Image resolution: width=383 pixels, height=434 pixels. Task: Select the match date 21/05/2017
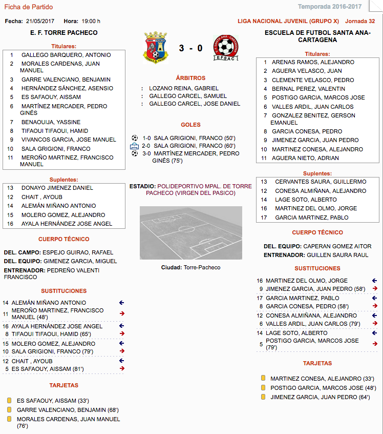click(40, 21)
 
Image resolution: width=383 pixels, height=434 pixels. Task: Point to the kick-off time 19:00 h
click(91, 21)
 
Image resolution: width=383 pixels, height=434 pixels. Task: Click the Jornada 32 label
click(360, 21)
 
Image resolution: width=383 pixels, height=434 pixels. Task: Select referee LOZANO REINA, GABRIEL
click(183, 88)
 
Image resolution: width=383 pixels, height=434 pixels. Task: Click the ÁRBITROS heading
click(190, 78)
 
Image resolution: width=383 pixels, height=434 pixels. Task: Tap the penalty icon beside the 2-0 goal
click(135, 146)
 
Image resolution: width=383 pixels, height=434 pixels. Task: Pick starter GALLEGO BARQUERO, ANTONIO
click(66, 55)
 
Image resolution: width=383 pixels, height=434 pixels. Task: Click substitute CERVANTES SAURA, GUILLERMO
click(321, 182)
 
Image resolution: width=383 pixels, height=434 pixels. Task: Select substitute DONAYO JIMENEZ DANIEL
click(57, 188)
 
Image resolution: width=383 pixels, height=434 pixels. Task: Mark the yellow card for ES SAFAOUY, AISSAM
click(9, 401)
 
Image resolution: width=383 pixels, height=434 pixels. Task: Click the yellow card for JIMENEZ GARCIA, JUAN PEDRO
click(263, 397)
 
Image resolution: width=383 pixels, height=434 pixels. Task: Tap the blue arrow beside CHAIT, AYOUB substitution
click(122, 361)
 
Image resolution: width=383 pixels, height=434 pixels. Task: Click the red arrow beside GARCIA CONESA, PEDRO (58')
click(375, 306)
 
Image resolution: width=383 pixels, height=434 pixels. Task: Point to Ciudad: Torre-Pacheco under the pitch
click(190, 267)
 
